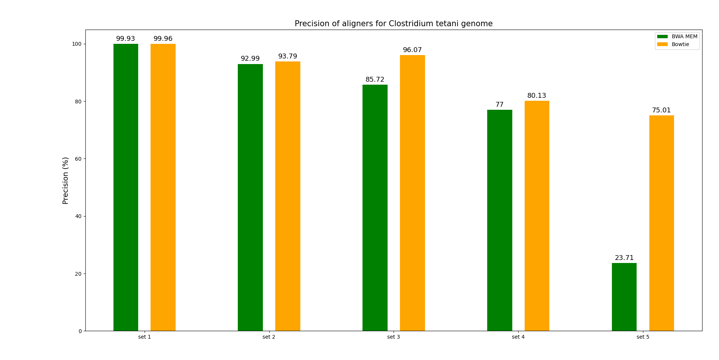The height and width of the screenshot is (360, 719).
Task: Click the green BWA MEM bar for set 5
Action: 624,297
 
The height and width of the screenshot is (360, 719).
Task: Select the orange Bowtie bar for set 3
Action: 412,193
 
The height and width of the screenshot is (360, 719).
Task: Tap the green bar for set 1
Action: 126,187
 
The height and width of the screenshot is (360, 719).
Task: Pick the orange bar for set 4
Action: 537,216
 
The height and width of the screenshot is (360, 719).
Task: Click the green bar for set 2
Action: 250,197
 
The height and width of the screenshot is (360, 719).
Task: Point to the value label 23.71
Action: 624,258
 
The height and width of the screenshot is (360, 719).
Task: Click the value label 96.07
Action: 412,50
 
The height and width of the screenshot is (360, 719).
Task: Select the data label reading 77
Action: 500,105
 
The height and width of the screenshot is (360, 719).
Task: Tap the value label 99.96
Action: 163,39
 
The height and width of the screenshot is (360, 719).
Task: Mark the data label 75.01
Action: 661,111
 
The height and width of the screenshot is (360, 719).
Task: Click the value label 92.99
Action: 250,59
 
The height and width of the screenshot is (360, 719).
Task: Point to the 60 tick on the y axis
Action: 78,159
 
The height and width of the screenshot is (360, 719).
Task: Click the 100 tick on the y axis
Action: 77,44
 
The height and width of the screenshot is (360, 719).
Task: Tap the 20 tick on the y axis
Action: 78,274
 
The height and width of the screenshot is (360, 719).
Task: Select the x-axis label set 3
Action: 394,337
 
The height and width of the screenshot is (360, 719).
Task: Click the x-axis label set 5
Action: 643,337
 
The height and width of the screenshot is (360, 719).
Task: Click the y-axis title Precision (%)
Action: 66,181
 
